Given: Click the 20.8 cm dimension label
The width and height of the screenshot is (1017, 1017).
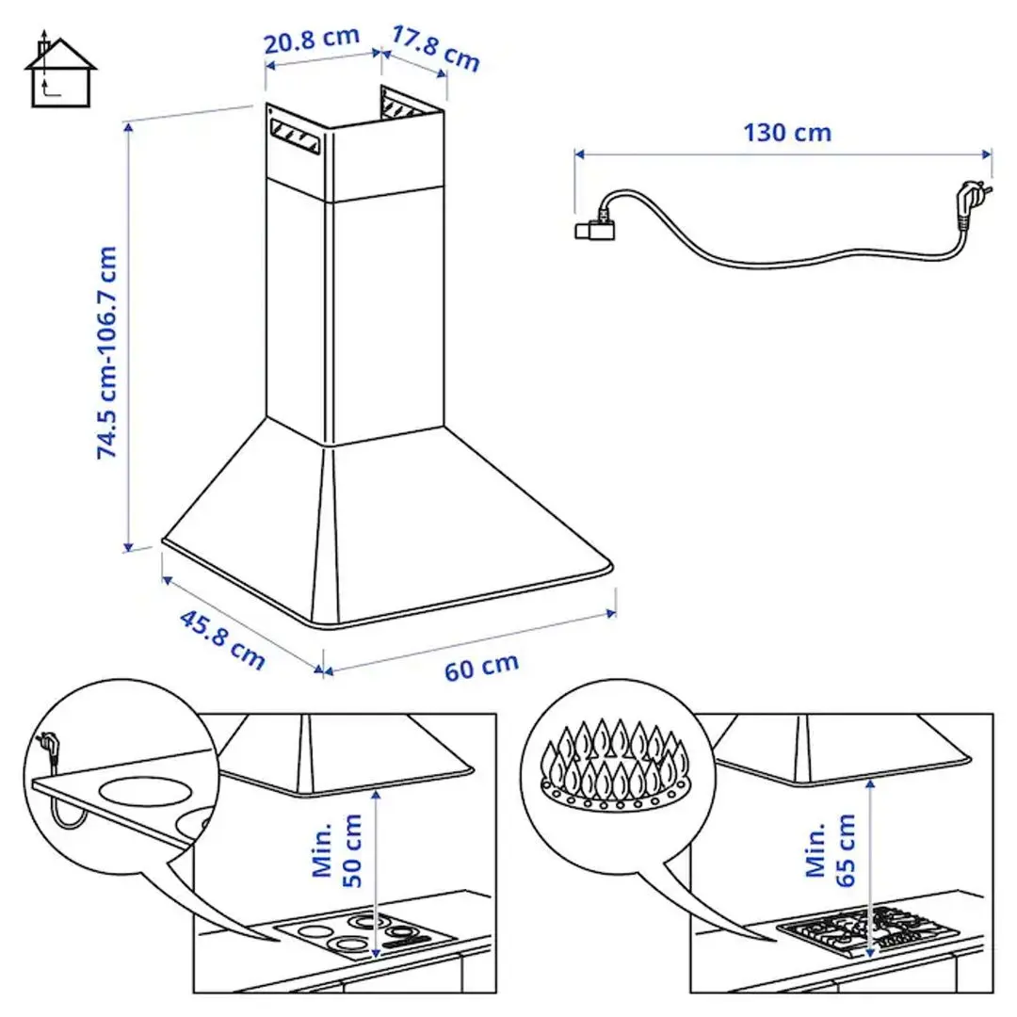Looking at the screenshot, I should tap(312, 40).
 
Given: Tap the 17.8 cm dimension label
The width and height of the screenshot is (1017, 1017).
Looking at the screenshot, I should tap(435, 49).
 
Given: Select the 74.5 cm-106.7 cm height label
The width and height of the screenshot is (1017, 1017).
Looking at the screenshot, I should tap(108, 352).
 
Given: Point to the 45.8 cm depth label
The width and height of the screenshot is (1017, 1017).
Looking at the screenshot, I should tap(222, 640).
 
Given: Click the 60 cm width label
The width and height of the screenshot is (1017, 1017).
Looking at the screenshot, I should tap(481, 666).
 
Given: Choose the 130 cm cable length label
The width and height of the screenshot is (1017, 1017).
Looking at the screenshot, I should tap(787, 133).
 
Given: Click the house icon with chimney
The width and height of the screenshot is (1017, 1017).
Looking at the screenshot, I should tap(58, 73).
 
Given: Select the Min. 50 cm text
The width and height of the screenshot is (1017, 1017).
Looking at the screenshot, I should tap(337, 849).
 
